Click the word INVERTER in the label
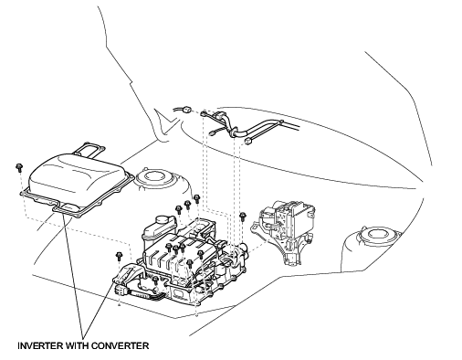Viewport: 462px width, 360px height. (41, 345)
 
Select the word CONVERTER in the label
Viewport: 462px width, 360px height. (120, 345)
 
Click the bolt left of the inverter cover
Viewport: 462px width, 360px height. (19, 167)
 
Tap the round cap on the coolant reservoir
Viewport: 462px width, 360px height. (165, 220)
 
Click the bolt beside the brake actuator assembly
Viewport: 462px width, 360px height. (243, 217)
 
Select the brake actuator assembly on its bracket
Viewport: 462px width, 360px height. (284, 230)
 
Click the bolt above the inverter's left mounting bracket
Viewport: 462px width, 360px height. (119, 256)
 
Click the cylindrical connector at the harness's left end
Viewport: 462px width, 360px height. (186, 109)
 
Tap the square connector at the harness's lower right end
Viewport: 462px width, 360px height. (247, 142)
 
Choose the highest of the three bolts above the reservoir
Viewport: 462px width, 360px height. (196, 199)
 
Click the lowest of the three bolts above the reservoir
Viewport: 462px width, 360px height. (179, 209)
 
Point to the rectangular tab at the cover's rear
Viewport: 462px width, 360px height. (89, 150)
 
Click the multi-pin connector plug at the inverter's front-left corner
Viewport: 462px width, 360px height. (121, 290)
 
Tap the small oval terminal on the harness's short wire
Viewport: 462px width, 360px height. (212, 132)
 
